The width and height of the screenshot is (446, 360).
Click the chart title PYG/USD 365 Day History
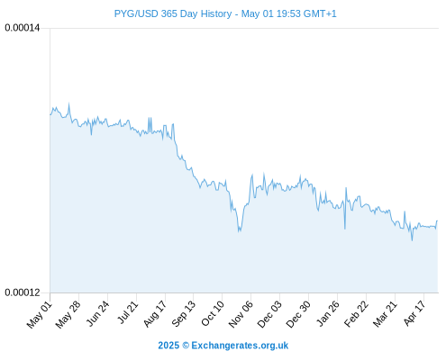pos(173,13)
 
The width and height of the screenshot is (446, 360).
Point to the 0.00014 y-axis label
pos(23,28)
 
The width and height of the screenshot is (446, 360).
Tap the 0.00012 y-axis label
pos(23,292)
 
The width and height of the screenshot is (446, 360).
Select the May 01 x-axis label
pos(40,315)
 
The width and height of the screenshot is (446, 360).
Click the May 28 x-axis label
pos(68,315)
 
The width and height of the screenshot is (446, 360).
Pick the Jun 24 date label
pos(98,314)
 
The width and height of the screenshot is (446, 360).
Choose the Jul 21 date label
pos(128,313)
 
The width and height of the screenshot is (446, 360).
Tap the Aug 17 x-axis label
pos(155,314)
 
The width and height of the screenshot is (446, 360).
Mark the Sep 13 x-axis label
pos(184,314)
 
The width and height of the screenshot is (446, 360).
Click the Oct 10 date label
pos(213,314)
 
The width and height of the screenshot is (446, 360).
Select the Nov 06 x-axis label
pos(241,315)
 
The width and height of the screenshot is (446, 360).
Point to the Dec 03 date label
pos(270,315)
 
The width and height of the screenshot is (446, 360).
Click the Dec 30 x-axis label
pos(298,315)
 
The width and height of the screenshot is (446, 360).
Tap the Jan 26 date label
pos(328,314)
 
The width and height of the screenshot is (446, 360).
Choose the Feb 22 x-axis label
pos(357,314)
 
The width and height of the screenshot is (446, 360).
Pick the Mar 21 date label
pos(386,314)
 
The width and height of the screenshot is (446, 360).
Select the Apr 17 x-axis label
pos(414,314)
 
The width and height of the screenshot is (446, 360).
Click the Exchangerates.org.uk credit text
pos(240,346)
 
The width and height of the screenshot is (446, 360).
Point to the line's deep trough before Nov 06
pos(240,231)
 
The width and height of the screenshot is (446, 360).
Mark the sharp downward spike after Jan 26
pos(345,229)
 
